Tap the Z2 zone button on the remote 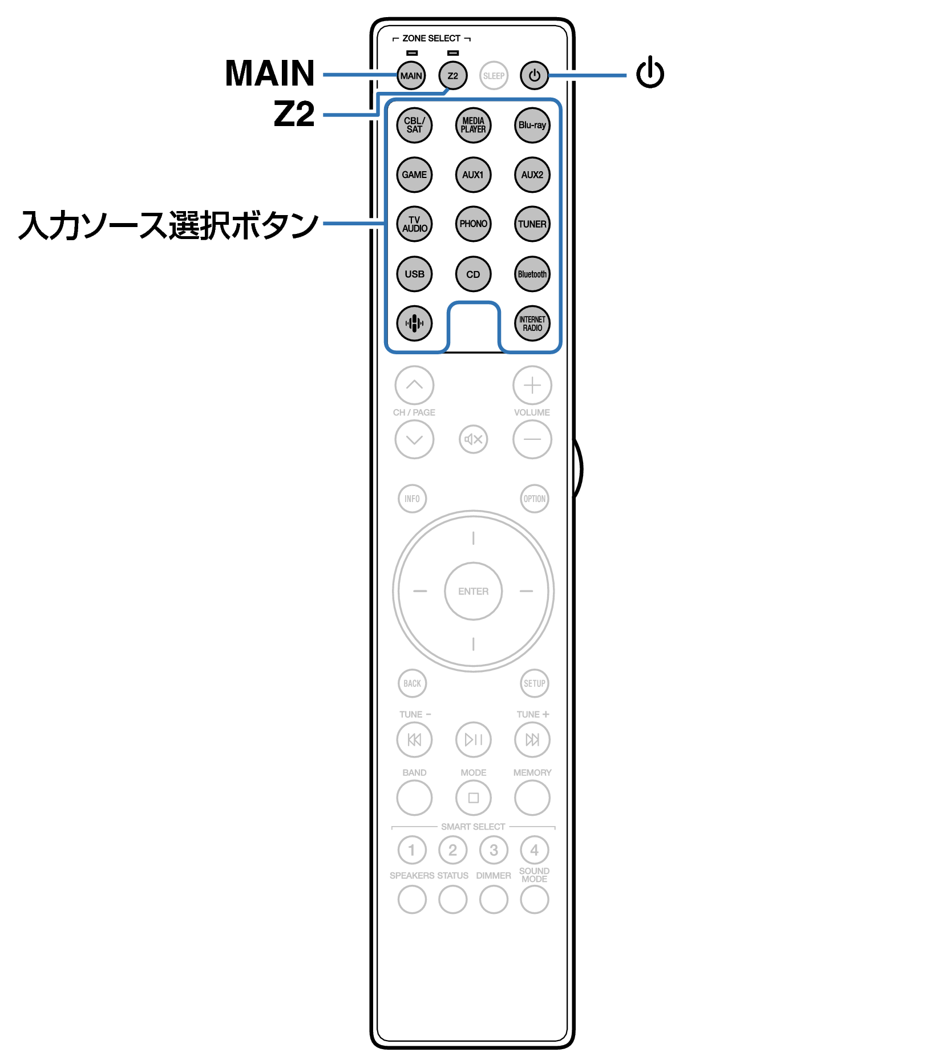coord(452,75)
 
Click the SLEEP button coord(494,75)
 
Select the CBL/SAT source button coord(414,125)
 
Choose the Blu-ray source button coord(532,125)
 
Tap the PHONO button coord(473,224)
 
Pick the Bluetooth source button coord(532,274)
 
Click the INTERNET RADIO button coord(532,323)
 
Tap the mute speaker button coord(473,439)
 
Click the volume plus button coord(532,385)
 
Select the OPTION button coord(535,499)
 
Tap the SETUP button coord(535,683)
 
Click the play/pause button coord(473,739)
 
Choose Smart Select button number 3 coord(494,850)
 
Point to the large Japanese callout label coord(168,225)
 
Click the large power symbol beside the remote coord(650,72)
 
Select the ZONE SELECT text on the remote coord(431,38)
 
